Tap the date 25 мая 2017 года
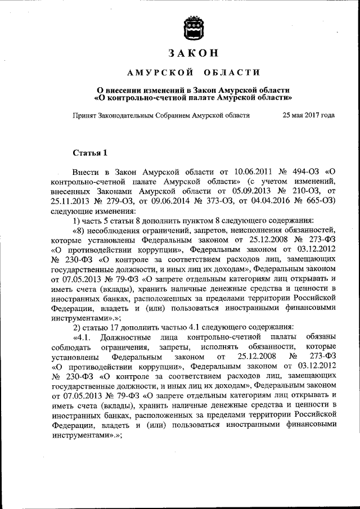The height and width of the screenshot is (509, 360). (x=308, y=115)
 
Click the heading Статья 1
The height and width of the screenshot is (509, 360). (x=90, y=152)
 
